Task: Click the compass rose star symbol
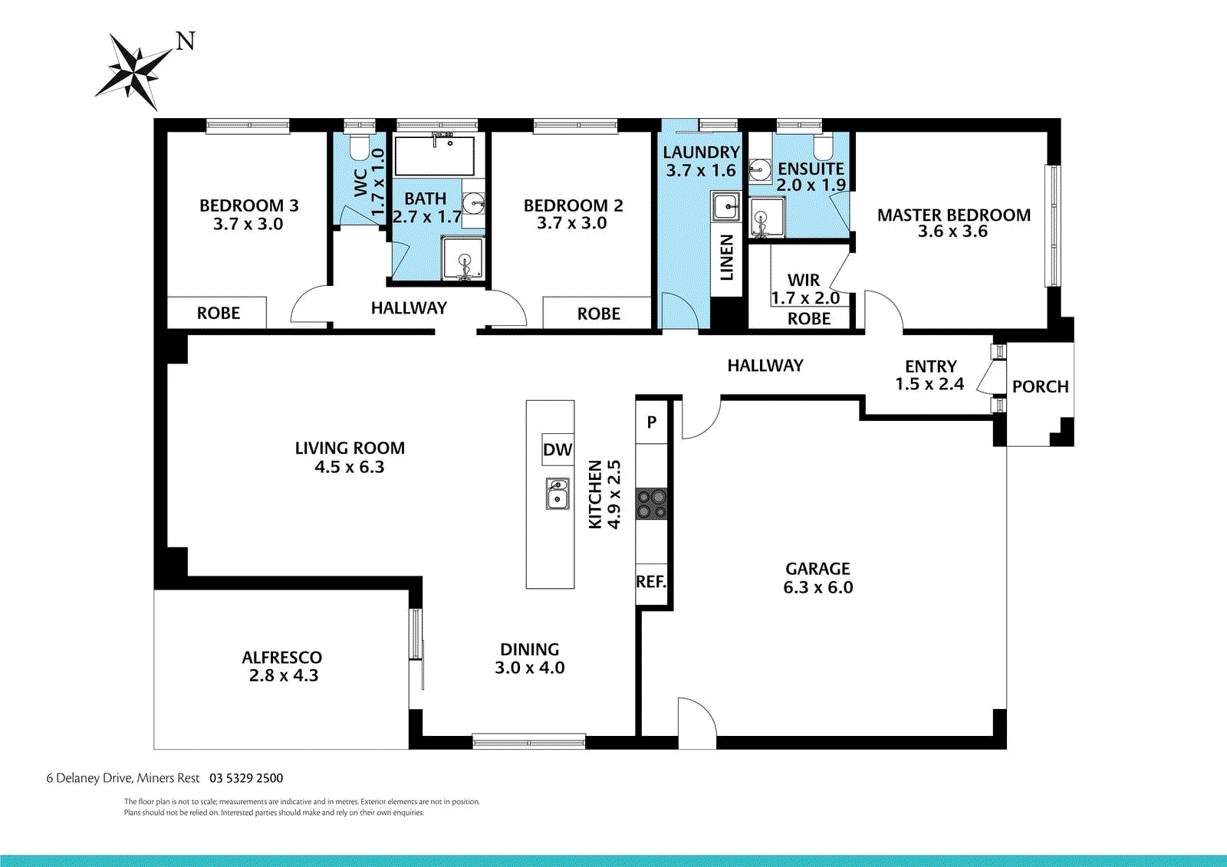point(134,72)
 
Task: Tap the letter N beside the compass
point(186,41)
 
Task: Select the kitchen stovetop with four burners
point(651,504)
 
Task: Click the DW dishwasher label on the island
point(558,450)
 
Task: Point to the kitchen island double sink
point(558,493)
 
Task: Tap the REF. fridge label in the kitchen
point(651,582)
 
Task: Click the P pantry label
point(651,422)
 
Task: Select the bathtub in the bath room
point(434,156)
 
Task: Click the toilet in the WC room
point(360,145)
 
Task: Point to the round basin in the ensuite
point(760,169)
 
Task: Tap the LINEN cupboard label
point(726,258)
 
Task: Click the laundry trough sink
point(726,207)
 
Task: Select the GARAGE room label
point(817,569)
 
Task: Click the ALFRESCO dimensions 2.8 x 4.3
point(283,675)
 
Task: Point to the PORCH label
point(1040,386)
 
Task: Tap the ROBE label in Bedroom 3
point(218,314)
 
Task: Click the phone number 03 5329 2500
point(246,778)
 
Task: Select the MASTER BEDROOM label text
point(954,215)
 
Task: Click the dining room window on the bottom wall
point(528,742)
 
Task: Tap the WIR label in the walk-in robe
point(804,280)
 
